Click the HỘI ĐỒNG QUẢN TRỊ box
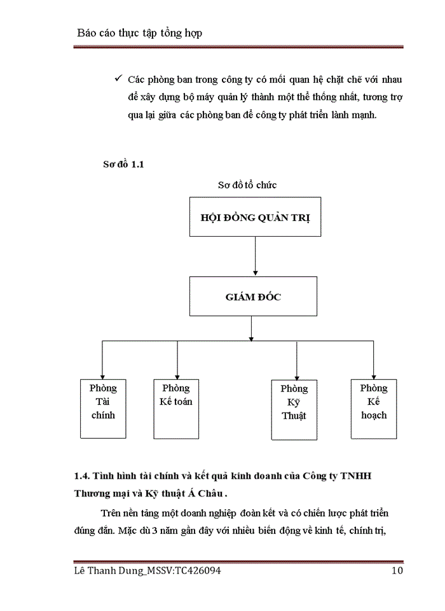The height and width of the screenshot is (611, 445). pos(254,217)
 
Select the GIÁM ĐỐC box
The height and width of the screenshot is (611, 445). pos(253,296)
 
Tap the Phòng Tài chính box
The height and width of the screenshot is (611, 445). pos(102,408)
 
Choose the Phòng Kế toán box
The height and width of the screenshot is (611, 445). pos(176,408)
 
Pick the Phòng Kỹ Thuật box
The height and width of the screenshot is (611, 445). pos(294,409)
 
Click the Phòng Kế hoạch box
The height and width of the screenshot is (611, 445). pos(373,408)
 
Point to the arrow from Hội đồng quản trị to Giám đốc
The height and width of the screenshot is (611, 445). pos(254,258)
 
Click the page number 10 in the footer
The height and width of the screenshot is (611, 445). pos(397,571)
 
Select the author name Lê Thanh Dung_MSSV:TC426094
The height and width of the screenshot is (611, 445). pos(147,571)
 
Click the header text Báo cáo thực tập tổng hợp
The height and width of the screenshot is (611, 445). pos(139,32)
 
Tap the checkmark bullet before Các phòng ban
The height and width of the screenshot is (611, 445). pos(118,80)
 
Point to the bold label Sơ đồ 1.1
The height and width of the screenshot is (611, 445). pos(124,164)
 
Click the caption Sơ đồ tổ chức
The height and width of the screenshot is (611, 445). pos(247,185)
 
